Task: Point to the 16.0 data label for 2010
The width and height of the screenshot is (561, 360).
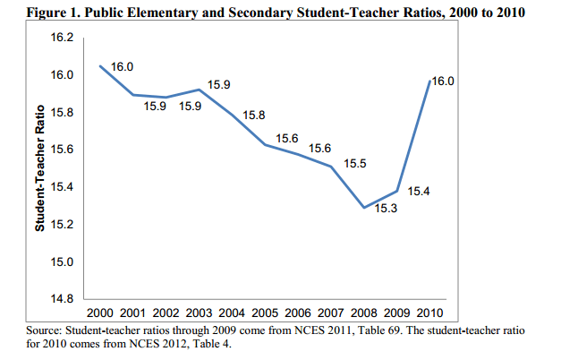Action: pyautogui.click(x=444, y=81)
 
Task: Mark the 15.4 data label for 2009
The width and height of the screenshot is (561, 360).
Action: pyautogui.click(x=420, y=191)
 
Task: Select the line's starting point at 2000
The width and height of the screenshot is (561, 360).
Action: pyautogui.click(x=99, y=66)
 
